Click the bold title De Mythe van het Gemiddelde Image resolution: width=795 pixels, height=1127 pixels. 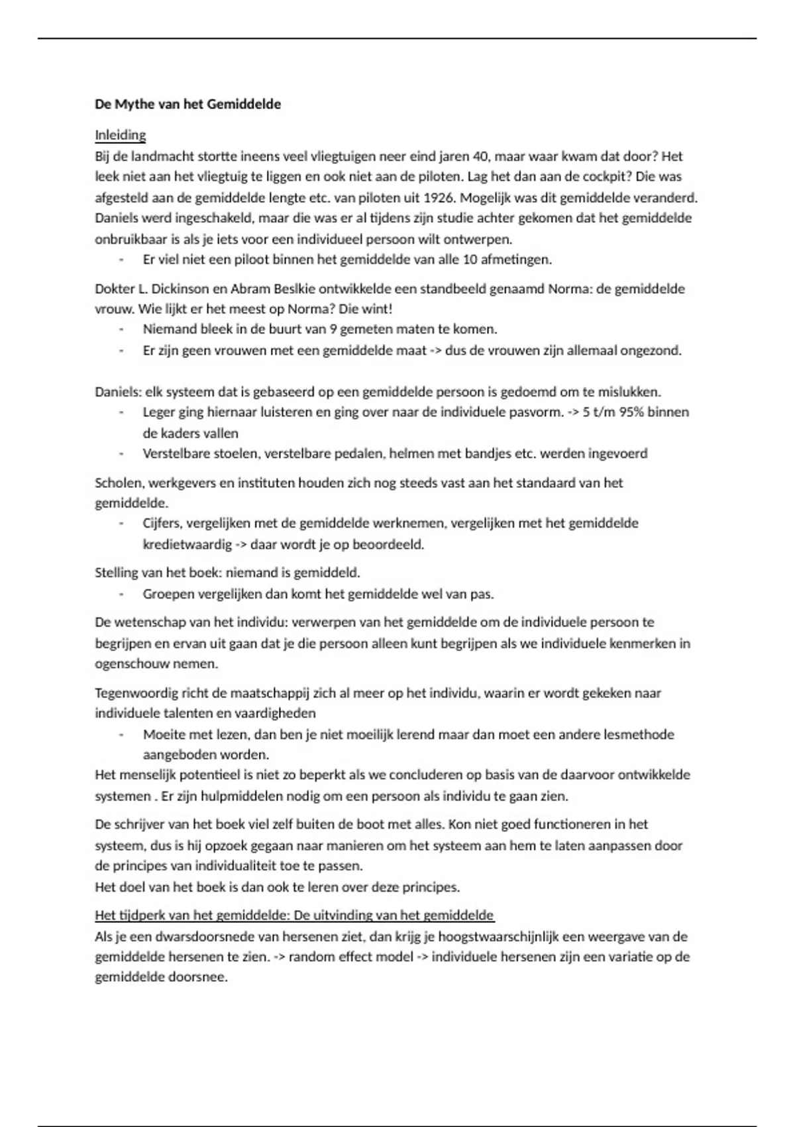click(187, 104)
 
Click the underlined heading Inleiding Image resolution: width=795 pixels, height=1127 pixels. click(120, 135)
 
